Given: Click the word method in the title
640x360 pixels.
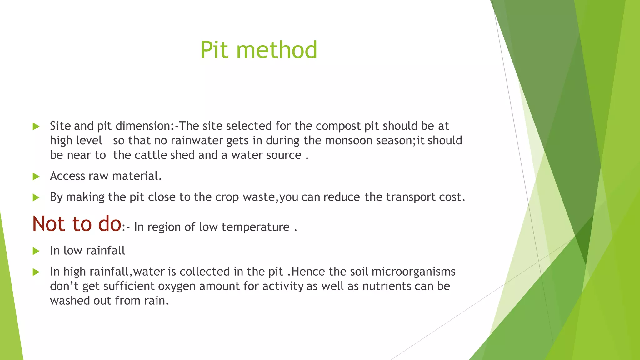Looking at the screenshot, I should [277, 50].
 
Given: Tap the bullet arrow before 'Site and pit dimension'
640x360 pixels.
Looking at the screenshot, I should [36, 127].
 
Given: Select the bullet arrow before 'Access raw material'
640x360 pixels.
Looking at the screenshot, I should [36, 177].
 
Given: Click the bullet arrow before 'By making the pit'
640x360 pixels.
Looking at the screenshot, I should [36, 197].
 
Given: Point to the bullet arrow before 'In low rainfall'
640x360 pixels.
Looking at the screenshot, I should [36, 251].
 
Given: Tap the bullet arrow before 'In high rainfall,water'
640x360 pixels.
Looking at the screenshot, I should [36, 272].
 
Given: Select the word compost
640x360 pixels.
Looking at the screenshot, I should [338, 126].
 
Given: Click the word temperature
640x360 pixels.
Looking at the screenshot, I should [255, 227].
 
